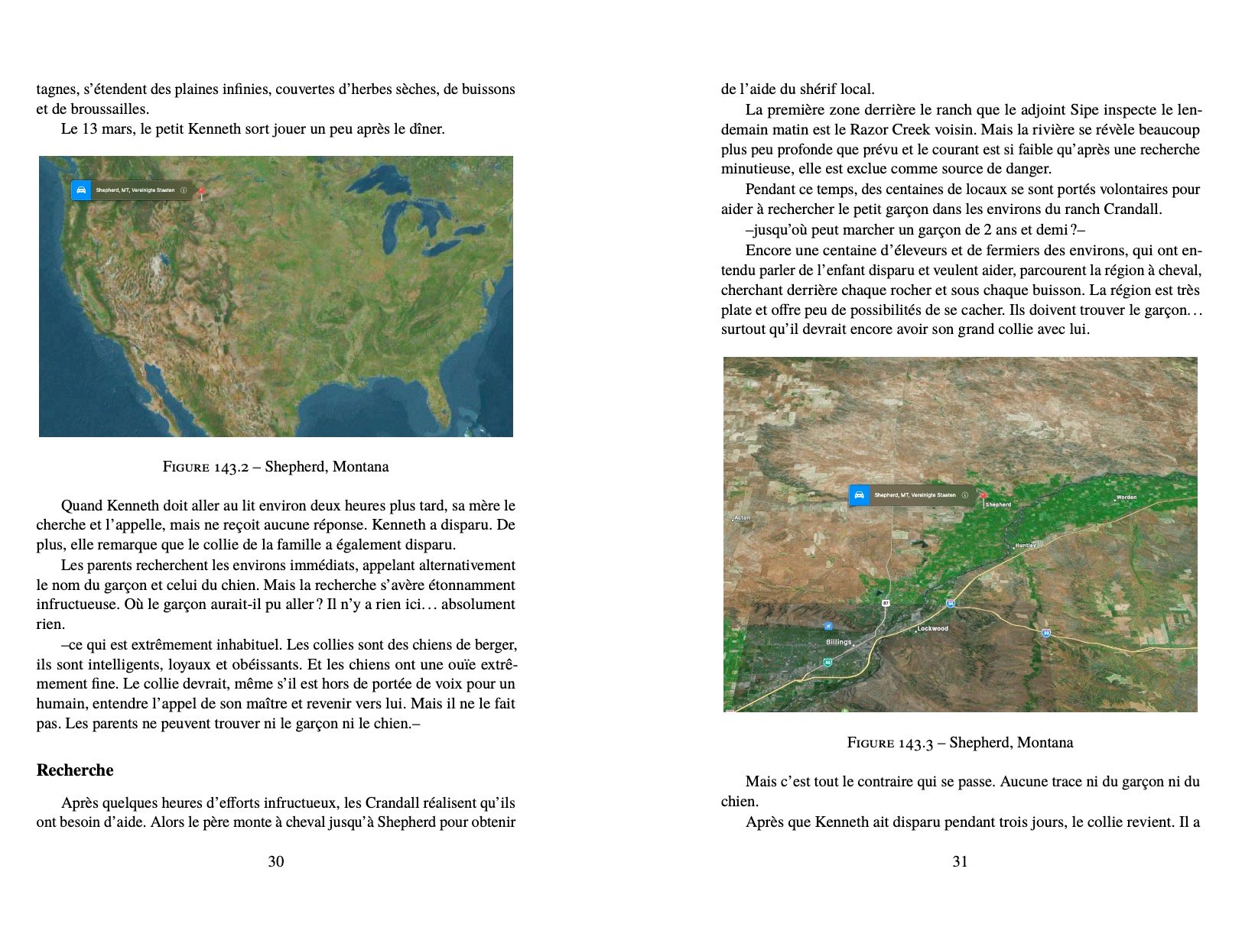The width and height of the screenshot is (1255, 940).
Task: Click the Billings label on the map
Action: [x=838, y=642]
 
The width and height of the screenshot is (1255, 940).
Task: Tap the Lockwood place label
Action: [x=933, y=628]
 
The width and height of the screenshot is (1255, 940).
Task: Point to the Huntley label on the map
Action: [x=1026, y=546]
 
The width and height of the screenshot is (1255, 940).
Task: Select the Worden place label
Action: [x=1126, y=498]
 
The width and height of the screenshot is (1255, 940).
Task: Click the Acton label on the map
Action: [x=742, y=518]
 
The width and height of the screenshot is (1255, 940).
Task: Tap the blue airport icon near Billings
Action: [x=828, y=627]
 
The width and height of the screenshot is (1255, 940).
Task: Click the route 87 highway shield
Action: [x=886, y=603]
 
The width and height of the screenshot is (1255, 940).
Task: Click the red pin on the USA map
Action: [x=201, y=192]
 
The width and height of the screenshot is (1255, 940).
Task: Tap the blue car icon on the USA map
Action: [x=81, y=190]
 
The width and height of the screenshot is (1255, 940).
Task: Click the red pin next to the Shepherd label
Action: [x=983, y=497]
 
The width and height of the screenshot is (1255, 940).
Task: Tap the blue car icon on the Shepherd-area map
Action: [x=860, y=495]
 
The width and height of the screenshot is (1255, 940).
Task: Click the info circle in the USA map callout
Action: [x=184, y=190]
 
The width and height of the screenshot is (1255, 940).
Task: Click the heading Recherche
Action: [x=75, y=770]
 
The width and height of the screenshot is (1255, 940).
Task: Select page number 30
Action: [x=275, y=861]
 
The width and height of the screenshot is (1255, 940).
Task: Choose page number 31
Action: [x=960, y=861]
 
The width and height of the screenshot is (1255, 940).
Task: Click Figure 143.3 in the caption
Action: [x=890, y=743]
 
